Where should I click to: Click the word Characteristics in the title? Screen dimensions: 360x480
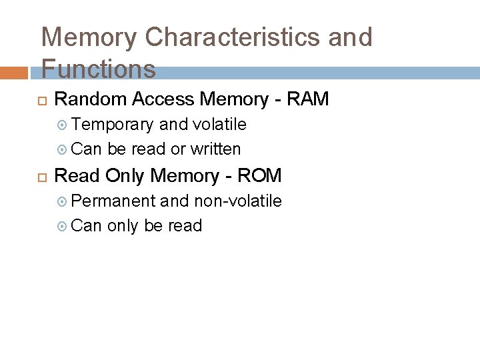pos(233,37)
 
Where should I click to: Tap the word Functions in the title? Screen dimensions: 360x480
pos(98,69)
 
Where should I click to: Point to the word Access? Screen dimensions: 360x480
pos(163,99)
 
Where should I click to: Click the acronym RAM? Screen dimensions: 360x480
pos(307,99)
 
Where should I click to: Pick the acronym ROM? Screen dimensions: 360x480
pos(259,176)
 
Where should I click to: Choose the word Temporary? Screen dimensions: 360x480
pos(113,125)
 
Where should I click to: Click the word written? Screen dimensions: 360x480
pos(215,149)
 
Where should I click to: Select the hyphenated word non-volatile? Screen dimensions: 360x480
pos(237,201)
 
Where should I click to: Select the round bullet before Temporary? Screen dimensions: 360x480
pos(63,125)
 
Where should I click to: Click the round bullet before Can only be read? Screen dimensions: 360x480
pos(63,227)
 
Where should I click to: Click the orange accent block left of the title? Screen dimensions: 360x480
pos(15,73)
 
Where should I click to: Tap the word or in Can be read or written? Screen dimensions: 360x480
pos(178,149)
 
